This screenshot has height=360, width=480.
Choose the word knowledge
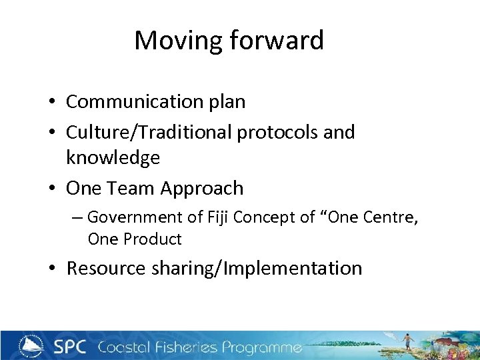[x=113, y=158]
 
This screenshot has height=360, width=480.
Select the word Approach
[x=202, y=189]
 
